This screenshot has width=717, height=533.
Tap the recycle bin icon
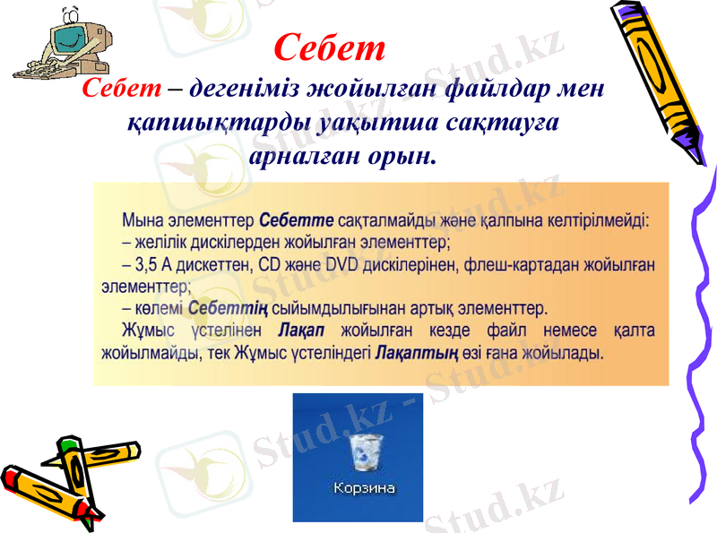tap(365, 452)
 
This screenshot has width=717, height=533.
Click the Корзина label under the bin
tap(364, 488)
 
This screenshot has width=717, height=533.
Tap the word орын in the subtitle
tap(402, 158)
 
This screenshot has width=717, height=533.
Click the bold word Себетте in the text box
tap(297, 219)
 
